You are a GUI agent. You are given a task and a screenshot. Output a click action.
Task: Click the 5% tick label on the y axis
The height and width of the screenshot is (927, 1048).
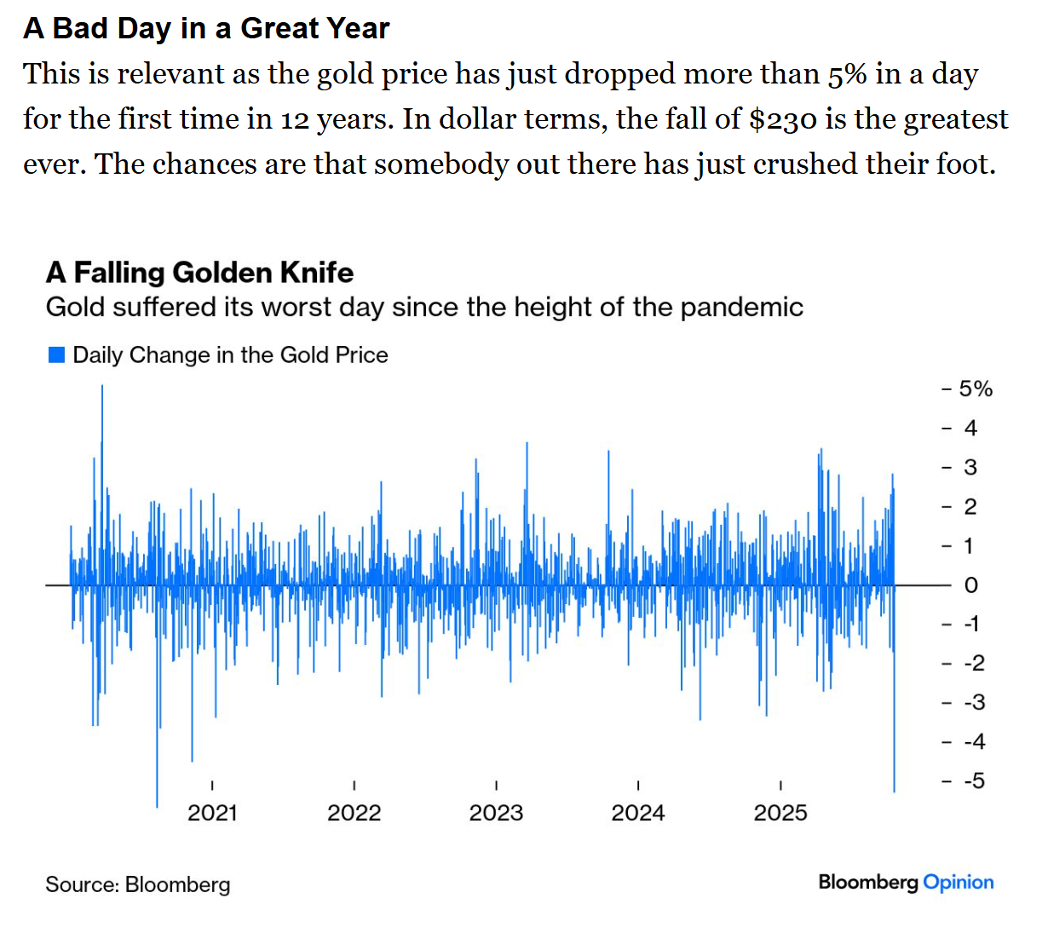click(976, 389)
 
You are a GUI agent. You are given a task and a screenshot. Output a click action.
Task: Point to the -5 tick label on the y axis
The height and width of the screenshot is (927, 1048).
click(974, 780)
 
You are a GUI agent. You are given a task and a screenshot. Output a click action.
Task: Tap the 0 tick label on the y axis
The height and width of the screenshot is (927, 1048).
click(971, 585)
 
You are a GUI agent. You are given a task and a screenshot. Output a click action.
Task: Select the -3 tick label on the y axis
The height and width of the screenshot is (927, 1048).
click(974, 702)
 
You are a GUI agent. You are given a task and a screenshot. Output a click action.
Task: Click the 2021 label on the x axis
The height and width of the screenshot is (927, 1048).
click(212, 813)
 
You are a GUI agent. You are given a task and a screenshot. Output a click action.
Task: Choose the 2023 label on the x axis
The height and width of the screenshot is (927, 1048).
click(496, 813)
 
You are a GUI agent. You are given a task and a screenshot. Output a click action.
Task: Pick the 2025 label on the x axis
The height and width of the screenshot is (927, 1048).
click(780, 813)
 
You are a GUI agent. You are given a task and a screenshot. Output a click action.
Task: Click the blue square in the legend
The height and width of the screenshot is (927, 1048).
click(56, 355)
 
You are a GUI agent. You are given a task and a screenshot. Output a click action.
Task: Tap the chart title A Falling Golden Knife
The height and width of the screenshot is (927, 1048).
click(199, 273)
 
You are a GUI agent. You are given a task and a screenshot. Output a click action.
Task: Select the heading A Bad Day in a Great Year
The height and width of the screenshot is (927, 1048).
click(206, 28)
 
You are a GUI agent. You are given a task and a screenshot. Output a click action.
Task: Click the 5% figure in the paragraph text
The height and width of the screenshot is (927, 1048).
click(848, 74)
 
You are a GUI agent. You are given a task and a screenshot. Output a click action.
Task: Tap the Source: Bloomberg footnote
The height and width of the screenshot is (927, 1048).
click(138, 884)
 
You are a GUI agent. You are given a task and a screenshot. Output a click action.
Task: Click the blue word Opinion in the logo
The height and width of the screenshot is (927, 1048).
click(959, 883)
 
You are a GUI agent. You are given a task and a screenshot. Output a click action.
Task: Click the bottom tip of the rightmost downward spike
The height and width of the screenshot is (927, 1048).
click(894, 792)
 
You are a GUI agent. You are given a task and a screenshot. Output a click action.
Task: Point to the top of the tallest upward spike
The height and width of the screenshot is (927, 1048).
click(102, 386)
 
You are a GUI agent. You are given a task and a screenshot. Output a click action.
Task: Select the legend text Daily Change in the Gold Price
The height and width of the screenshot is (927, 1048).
click(230, 355)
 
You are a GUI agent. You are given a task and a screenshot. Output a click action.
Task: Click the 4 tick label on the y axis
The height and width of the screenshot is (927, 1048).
click(970, 429)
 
